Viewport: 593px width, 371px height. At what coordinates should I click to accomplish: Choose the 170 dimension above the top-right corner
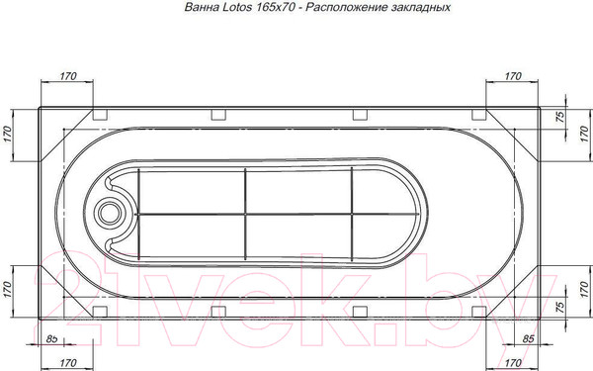[513, 76]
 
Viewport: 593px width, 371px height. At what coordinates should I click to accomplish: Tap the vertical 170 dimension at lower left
[8, 288]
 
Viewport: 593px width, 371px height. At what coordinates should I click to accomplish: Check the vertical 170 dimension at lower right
[583, 288]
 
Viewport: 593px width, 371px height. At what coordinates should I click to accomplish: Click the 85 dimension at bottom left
[51, 341]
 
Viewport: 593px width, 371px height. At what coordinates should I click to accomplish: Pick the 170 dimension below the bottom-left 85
[67, 364]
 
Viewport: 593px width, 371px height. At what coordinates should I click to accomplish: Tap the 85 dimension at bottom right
[528, 341]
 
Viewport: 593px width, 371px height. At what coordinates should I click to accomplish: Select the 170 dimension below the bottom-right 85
[513, 364]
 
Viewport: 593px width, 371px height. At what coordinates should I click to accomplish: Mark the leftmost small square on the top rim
[99, 112]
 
